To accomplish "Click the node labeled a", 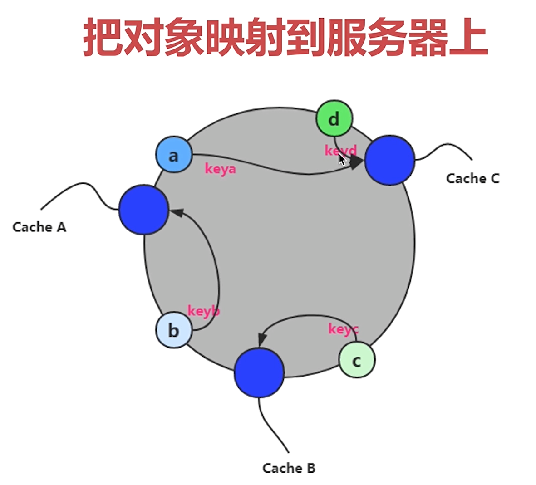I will (173, 155).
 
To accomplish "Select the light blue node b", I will (173, 330).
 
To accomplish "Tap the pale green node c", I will (357, 360).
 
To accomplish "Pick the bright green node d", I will (334, 119).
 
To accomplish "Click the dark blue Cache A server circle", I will (144, 210).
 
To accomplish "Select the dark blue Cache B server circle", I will (259, 373).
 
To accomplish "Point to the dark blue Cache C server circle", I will (390, 160).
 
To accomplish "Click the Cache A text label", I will (39, 227).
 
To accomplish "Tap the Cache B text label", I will (289, 468).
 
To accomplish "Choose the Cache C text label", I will (472, 178).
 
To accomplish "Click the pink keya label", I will (221, 169).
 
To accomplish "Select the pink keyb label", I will (204, 311).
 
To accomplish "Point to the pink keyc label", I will (343, 328).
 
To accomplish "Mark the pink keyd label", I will (340, 150).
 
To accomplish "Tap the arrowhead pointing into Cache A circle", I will (175, 212).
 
